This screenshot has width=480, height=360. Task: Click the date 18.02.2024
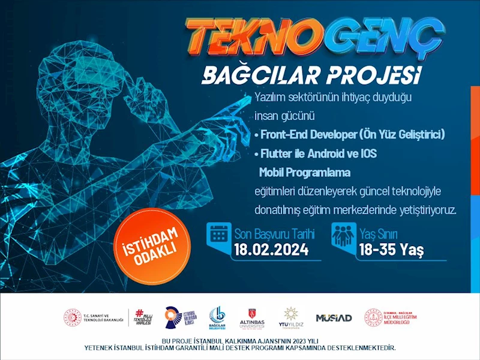pyautogui.click(x=271, y=249)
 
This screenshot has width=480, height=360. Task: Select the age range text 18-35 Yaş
pyautogui.click(x=391, y=249)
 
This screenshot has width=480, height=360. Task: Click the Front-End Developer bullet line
pyautogui.click(x=349, y=134)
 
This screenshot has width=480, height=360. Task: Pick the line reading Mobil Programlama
pyautogui.click(x=305, y=173)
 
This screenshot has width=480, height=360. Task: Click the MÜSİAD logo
pyautogui.click(x=334, y=318)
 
